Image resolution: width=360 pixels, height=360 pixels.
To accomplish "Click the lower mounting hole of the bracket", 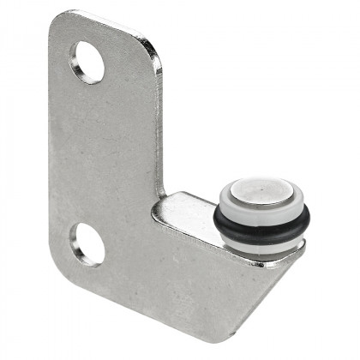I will pos(88,244).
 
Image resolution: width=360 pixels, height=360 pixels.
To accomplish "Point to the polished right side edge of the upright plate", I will pos(158,129).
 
